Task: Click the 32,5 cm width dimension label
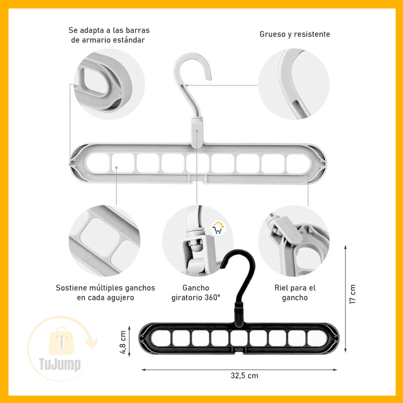244,376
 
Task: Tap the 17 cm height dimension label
353,294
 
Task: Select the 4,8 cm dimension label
123,342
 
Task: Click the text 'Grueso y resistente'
294,34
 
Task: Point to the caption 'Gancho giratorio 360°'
196,293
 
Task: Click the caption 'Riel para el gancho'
295,293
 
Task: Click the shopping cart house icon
218,228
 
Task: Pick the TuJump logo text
60,364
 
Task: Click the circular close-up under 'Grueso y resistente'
294,84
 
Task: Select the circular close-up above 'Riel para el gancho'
294,241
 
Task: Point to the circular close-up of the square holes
104,241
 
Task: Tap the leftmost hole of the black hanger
161,338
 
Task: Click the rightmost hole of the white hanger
298,164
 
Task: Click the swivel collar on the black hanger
239,315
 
